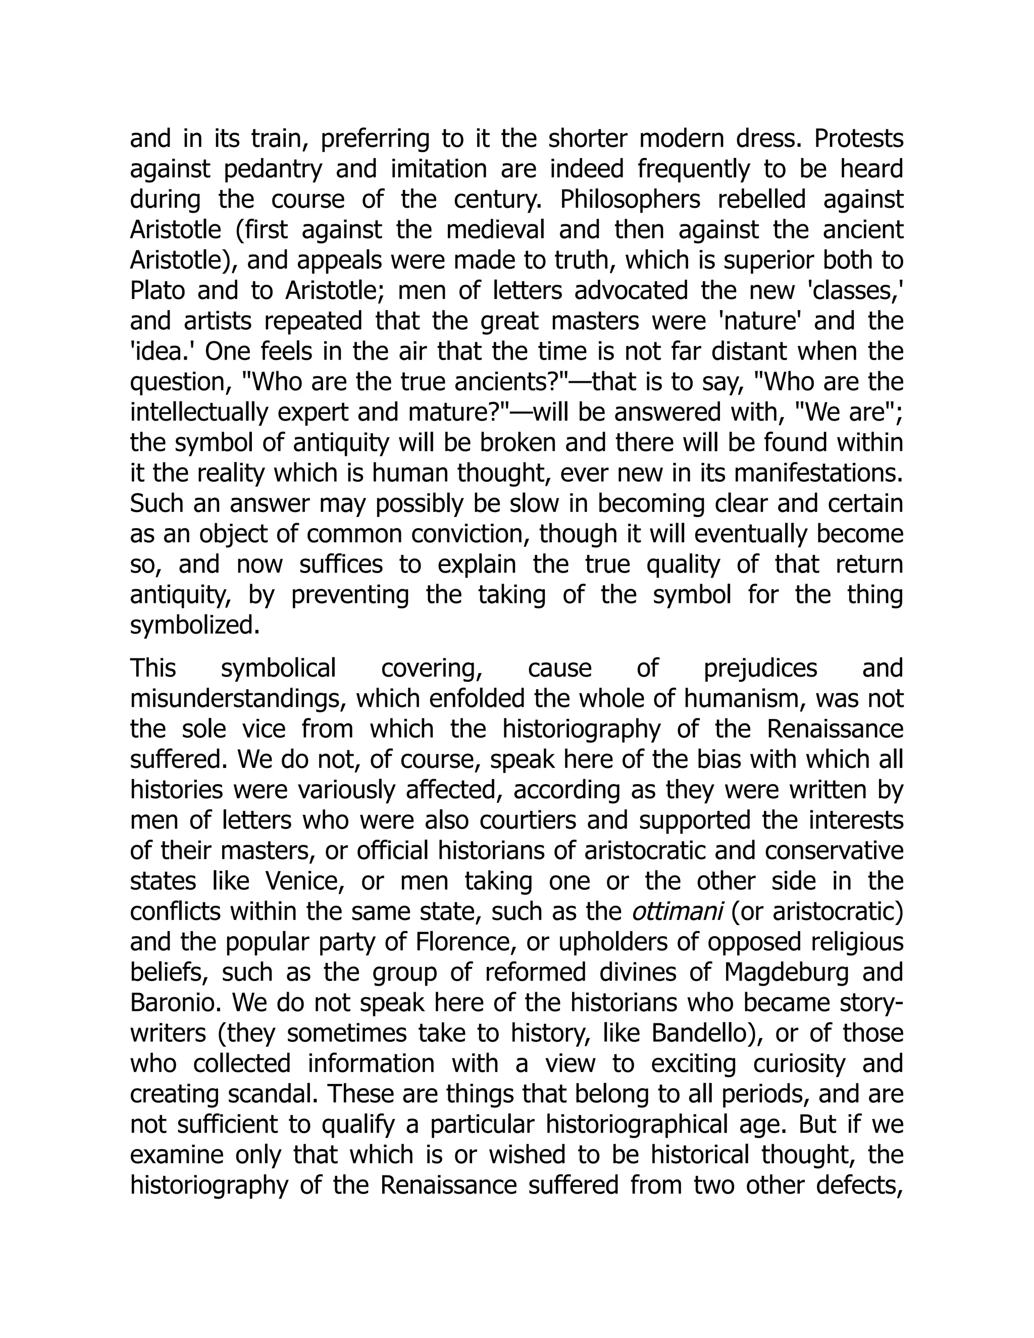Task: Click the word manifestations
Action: [x=818, y=473]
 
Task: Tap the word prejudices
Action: [x=760, y=668]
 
